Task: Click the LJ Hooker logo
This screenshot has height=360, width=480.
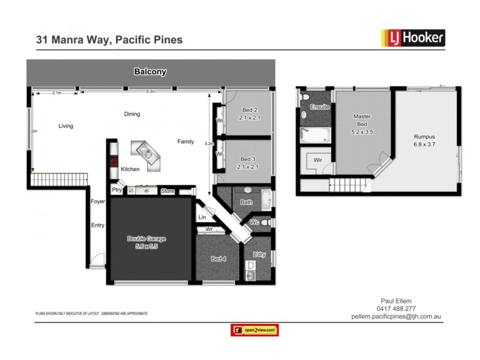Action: [413, 38]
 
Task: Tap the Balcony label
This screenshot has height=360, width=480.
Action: [150, 72]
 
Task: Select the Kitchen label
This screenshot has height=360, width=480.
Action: [130, 170]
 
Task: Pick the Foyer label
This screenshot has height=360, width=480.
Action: [97, 202]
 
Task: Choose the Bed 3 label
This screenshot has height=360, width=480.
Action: [248, 163]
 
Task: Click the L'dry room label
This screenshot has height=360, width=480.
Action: [259, 255]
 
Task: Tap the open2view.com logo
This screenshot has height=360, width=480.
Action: [254, 330]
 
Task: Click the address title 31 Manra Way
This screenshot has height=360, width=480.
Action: [110, 40]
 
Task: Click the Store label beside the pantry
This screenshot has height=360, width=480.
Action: [167, 191]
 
